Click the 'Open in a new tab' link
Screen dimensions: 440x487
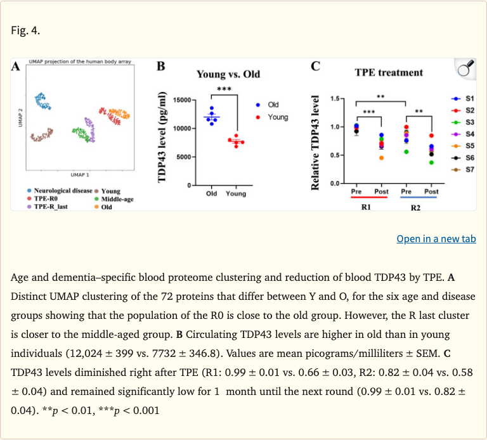pos(436,239)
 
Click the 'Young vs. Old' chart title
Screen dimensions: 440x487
pos(228,74)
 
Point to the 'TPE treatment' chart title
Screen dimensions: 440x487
pos(389,72)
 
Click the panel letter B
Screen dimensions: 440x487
pos(160,67)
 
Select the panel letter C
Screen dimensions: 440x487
pos(315,66)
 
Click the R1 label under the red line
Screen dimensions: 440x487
pos(366,207)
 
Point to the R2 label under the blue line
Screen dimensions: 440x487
pos(416,207)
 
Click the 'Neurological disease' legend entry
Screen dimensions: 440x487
pos(59,190)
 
